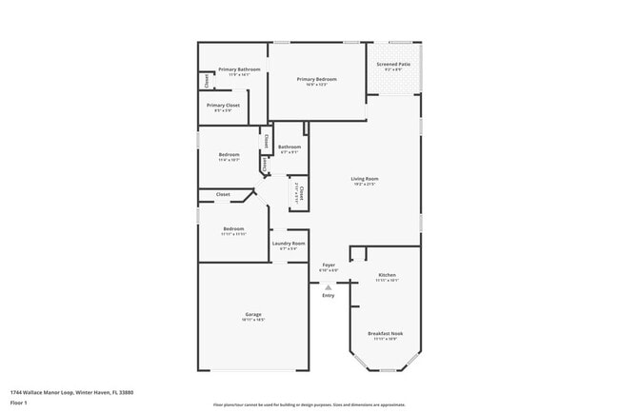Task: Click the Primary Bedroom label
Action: point(317,79)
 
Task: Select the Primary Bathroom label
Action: point(239,69)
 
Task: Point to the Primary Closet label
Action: point(223,105)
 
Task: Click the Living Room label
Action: point(365,178)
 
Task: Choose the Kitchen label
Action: point(387,275)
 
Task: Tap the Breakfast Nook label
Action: point(385,333)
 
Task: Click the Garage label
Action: point(253,314)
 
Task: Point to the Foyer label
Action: point(329,265)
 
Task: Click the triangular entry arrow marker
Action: point(329,285)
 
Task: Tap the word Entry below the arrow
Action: point(329,295)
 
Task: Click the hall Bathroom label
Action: point(290,147)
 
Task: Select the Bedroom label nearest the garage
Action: point(234,228)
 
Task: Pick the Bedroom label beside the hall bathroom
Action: point(229,154)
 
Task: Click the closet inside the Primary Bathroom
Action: point(204,82)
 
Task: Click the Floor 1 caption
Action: point(18,404)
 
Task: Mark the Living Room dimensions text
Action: point(365,185)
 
